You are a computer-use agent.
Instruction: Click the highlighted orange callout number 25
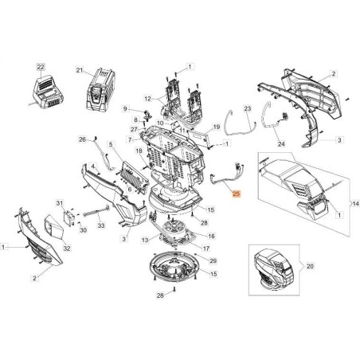235,194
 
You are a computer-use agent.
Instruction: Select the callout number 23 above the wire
247,108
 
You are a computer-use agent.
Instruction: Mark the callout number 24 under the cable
280,144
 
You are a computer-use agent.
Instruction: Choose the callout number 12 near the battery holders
147,99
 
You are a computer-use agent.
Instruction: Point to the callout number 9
126,108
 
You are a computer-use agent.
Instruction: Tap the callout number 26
82,140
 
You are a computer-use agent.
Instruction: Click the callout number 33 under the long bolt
100,226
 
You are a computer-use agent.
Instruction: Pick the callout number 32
66,248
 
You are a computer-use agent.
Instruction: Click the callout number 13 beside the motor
143,239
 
